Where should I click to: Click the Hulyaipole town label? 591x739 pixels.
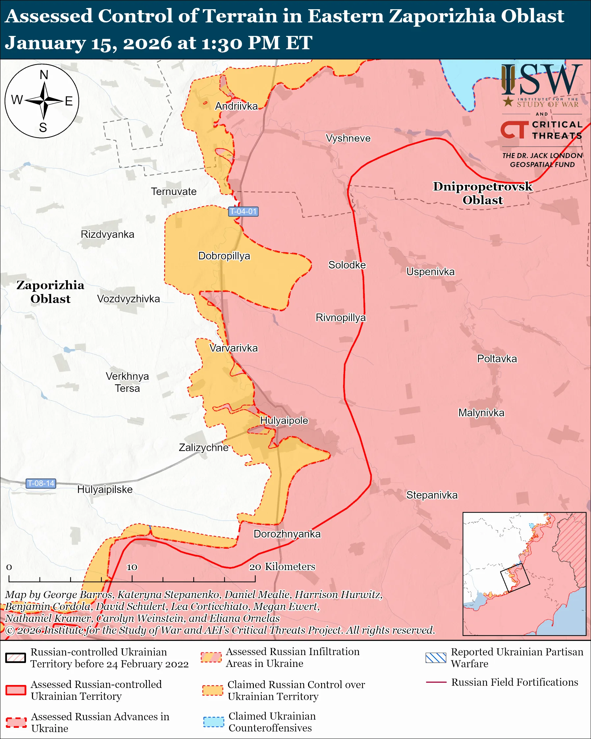pyautogui.click(x=284, y=421)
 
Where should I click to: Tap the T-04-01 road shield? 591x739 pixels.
pyautogui.click(x=243, y=211)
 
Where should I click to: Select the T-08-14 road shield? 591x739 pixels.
pyautogui.click(x=41, y=483)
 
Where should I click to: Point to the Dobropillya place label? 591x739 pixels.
pyautogui.click(x=224, y=256)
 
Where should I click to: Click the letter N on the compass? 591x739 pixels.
pyautogui.click(x=44, y=75)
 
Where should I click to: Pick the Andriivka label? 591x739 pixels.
pyautogui.click(x=236, y=106)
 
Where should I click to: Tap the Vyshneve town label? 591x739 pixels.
pyautogui.click(x=348, y=138)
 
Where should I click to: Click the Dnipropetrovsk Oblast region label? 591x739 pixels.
pyautogui.click(x=482, y=193)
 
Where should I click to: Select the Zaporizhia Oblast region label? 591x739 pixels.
pyautogui.click(x=50, y=292)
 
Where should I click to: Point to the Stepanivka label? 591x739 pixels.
pyautogui.click(x=432, y=495)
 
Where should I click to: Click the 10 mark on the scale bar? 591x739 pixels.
pyautogui.click(x=132, y=567)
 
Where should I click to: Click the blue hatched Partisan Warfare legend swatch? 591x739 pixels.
pyautogui.click(x=436, y=658)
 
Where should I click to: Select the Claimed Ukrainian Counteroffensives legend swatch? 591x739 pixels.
pyautogui.click(x=213, y=722)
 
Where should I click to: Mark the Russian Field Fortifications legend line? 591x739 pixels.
pyautogui.click(x=436, y=682)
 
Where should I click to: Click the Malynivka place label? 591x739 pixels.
pyautogui.click(x=481, y=413)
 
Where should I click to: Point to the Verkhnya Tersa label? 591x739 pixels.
pyautogui.click(x=127, y=382)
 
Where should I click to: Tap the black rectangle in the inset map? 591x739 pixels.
pyautogui.click(x=515, y=578)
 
